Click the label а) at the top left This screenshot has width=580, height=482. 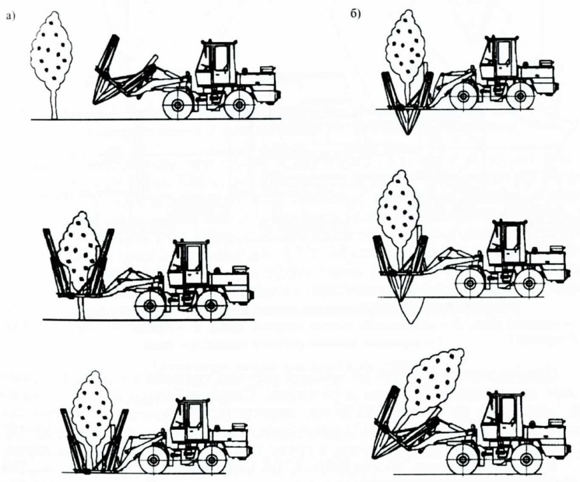click(x=10, y=17)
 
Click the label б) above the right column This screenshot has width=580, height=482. click(x=355, y=15)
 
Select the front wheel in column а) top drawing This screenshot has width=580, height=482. click(x=178, y=105)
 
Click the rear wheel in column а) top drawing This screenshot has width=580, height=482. click(x=239, y=105)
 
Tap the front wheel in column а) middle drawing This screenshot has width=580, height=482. click(x=150, y=306)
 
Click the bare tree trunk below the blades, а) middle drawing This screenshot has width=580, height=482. click(x=82, y=308)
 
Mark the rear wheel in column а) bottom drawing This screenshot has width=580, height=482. click(x=212, y=460)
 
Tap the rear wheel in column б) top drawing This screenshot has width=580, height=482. click(x=521, y=96)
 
